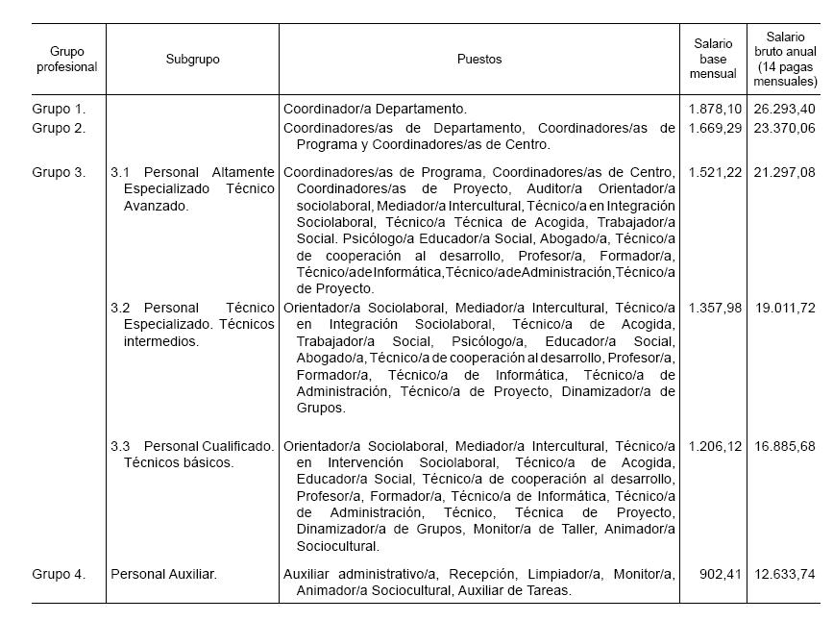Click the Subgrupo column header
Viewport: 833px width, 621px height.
click(192, 60)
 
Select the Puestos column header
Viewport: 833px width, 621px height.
click(478, 60)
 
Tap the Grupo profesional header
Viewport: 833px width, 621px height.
click(67, 60)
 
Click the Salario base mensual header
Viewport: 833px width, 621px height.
click(713, 59)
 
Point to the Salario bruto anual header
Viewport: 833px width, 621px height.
click(785, 59)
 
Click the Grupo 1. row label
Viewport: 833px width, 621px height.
click(59, 110)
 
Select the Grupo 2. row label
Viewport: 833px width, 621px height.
click(59, 128)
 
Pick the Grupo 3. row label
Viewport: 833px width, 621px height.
click(59, 173)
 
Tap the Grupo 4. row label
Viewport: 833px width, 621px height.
click(59, 575)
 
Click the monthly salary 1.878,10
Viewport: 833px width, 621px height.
click(715, 110)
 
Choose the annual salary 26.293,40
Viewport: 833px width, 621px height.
click(785, 110)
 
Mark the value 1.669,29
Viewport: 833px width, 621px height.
click(715, 128)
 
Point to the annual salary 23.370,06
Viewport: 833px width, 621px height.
click(785, 128)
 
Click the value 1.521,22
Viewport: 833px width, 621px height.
click(715, 173)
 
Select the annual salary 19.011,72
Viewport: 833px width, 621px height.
click(785, 309)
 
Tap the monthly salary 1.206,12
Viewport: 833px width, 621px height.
click(715, 447)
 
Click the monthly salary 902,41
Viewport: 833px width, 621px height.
click(720, 575)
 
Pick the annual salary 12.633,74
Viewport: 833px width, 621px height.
click(785, 575)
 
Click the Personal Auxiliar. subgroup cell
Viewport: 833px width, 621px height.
click(164, 575)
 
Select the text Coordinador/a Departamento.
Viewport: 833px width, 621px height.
click(375, 110)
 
